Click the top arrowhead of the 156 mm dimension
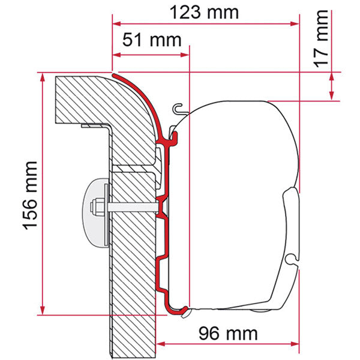coord(42,77)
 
